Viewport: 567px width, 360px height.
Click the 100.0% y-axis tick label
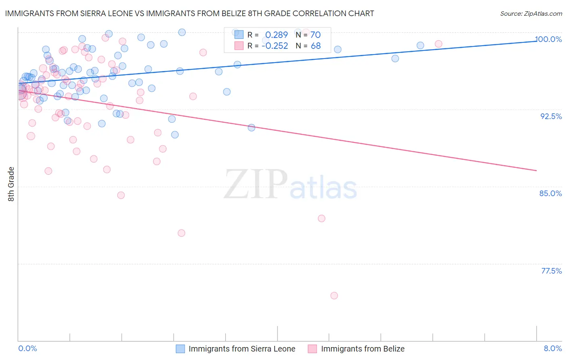548,39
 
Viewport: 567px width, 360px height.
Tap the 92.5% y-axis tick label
551,116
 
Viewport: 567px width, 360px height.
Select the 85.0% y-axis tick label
550,193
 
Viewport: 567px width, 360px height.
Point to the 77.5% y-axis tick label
551,271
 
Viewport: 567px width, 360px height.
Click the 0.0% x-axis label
28,348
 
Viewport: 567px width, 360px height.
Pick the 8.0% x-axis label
552,348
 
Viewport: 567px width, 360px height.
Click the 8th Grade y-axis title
11,184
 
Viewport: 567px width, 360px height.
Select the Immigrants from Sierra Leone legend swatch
180,349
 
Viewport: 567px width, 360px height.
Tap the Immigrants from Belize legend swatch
313,349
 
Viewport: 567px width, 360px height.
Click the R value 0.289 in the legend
276,35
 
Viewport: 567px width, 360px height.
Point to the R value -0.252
275,46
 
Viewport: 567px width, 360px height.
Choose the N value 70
315,35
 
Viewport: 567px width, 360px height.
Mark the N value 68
316,46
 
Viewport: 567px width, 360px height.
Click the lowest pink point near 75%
334,295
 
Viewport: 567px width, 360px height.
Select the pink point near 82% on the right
321,218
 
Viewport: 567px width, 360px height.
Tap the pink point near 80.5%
181,233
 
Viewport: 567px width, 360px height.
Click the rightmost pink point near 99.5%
438,44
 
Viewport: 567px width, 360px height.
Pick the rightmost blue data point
420,46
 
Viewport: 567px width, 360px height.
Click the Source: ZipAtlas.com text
531,14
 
